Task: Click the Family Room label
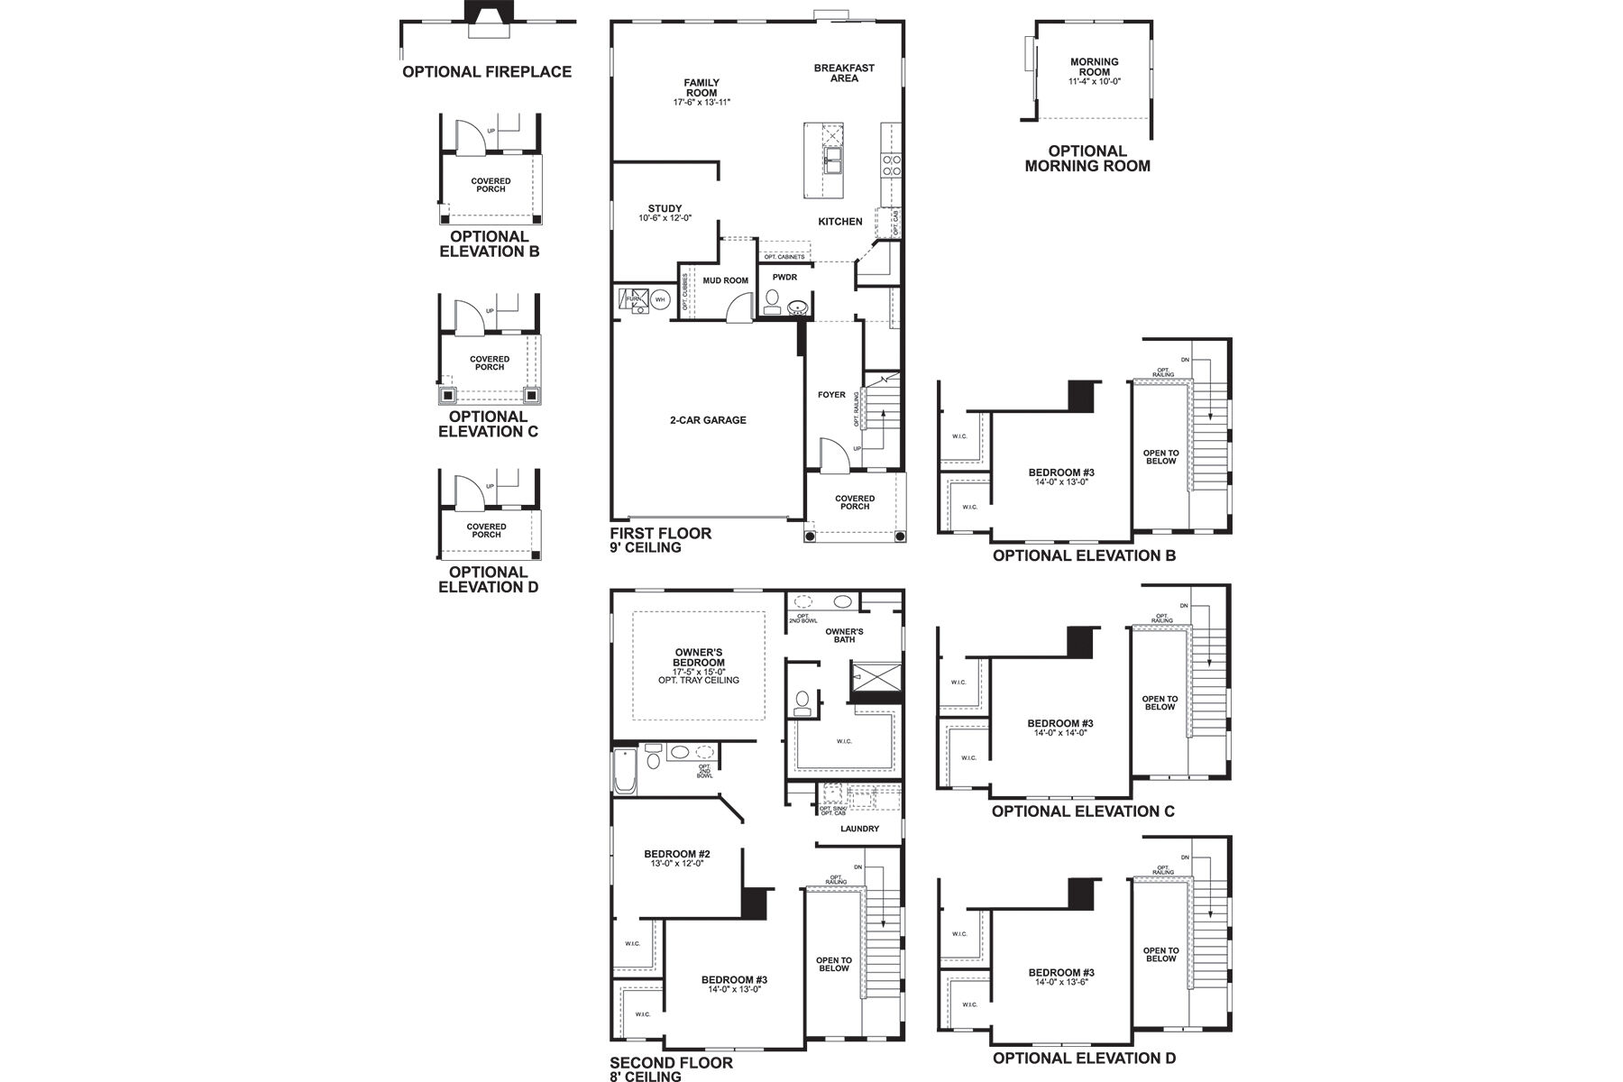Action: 701,87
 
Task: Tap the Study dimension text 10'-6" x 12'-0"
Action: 665,218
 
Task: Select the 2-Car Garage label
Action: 708,420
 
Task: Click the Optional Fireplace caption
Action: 487,72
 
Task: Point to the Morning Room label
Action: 1095,67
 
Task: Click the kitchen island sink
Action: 832,161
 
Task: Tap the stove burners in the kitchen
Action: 891,164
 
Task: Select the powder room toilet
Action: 773,302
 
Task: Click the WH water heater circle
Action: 660,299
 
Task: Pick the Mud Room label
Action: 726,280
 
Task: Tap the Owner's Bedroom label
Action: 699,657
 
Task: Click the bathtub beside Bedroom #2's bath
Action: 624,771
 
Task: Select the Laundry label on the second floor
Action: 859,829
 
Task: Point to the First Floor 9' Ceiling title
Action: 660,539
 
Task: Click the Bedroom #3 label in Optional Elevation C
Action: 1060,723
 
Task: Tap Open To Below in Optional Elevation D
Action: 1160,954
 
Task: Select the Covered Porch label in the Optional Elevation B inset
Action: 491,185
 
